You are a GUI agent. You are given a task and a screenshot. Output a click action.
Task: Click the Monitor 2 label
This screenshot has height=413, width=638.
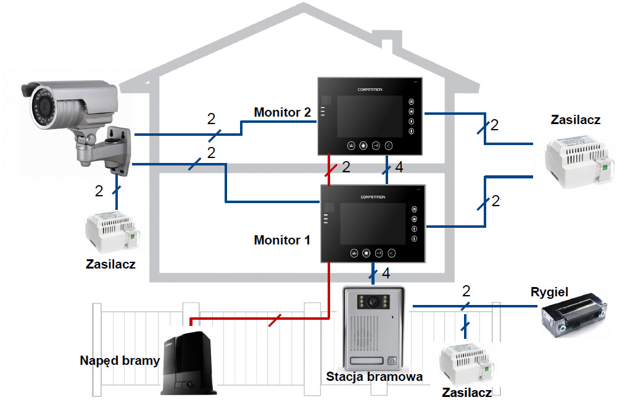coord(282,112)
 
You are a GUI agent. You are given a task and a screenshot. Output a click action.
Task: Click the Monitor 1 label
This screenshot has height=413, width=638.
coord(282,240)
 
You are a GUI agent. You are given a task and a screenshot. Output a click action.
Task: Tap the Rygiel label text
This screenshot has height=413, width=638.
coord(549,291)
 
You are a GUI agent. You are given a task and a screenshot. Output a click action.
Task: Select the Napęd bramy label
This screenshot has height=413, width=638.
coord(120,361)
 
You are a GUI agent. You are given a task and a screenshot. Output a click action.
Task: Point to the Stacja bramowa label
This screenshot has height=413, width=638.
coord(375,376)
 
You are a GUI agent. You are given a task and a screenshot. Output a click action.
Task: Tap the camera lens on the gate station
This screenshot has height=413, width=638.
coord(373,302)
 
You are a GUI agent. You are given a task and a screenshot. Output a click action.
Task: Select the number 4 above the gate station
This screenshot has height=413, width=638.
coord(386,272)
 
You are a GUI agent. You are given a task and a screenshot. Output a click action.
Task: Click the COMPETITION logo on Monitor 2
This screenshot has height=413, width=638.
coord(370,90)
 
